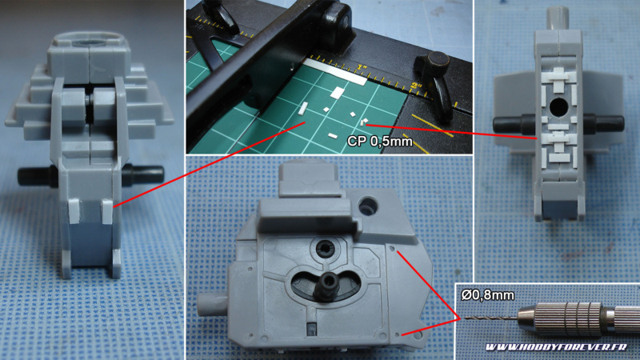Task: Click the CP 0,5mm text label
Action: [x=379, y=142]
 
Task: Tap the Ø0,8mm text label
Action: [x=488, y=294]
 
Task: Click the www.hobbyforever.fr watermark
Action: [x=556, y=347]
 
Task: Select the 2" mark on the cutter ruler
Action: [x=416, y=86]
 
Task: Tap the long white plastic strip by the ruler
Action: [x=335, y=71]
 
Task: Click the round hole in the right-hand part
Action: [x=558, y=106]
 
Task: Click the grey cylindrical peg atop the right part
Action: [x=558, y=18]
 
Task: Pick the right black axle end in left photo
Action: [x=144, y=174]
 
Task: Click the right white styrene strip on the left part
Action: [x=106, y=211]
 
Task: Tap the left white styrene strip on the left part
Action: [x=74, y=211]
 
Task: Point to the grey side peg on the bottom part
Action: [x=212, y=305]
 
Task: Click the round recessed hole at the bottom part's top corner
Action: [x=369, y=206]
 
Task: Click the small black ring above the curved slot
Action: [x=325, y=247]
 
